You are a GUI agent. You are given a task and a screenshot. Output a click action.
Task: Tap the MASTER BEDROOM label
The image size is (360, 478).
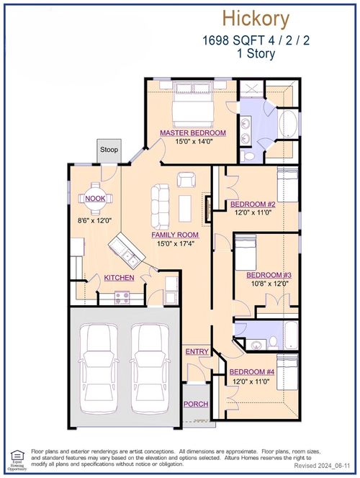193,133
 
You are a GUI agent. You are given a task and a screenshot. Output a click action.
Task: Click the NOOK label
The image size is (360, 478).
94,199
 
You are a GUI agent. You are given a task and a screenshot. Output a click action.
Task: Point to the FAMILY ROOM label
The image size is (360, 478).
174,235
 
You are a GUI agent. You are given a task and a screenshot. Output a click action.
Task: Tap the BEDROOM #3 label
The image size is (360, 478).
269,275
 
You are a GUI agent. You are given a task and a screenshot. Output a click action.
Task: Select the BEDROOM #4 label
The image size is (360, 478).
251,372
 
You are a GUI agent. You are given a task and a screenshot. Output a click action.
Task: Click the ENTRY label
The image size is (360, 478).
197,351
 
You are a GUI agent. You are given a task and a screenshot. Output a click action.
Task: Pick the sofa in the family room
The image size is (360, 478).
159,203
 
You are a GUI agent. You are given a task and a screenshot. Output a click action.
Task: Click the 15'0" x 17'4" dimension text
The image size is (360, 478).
174,245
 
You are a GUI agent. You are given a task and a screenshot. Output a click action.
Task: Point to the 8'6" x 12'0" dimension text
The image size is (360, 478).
96,222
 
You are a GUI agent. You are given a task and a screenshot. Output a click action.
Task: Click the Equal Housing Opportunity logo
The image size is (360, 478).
17,456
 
